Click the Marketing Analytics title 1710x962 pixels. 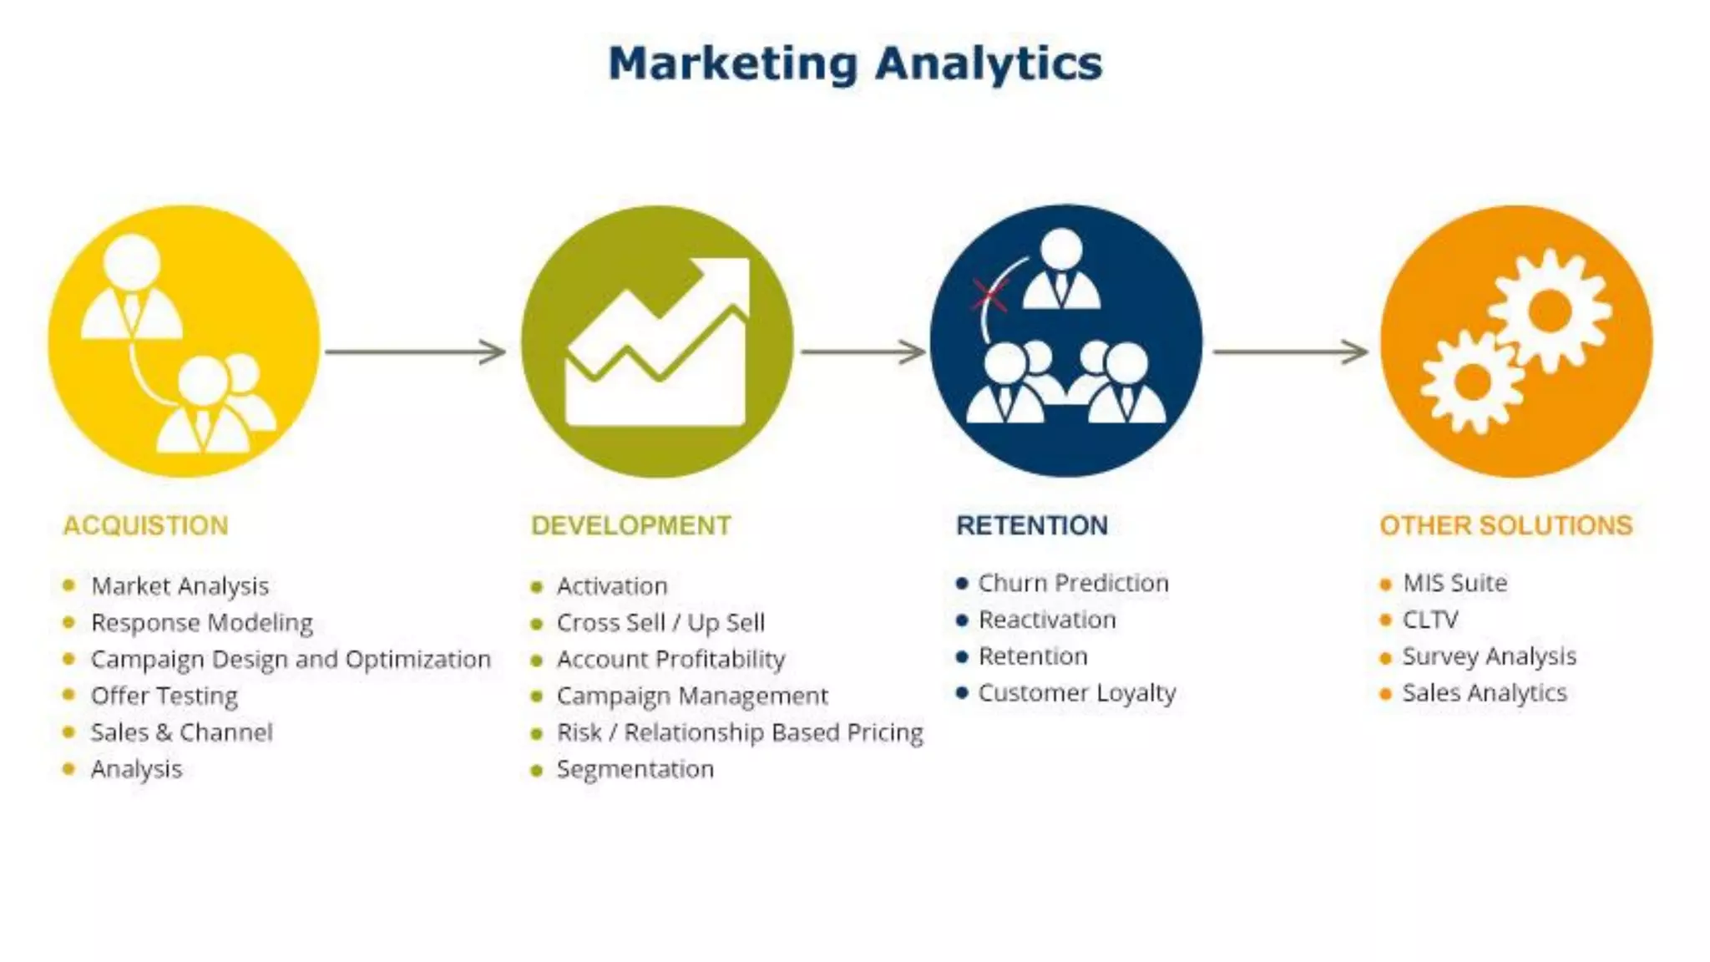pyautogui.click(x=855, y=63)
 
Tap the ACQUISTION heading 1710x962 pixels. pyautogui.click(x=145, y=525)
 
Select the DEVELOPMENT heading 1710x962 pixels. pyautogui.click(x=631, y=525)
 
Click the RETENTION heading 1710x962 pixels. pyautogui.click(x=1032, y=525)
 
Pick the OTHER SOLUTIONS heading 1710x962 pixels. pyautogui.click(x=1505, y=525)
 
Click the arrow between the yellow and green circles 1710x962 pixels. pyautogui.click(x=415, y=352)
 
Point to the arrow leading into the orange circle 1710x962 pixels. pyautogui.click(x=1290, y=352)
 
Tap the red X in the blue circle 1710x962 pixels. pyautogui.click(x=990, y=295)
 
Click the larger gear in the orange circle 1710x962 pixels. pyautogui.click(x=1550, y=311)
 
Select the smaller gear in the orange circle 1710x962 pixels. pyautogui.click(x=1472, y=382)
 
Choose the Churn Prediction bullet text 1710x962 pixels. pyautogui.click(x=1073, y=583)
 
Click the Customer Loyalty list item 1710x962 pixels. pyautogui.click(x=1077, y=693)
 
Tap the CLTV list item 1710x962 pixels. pyautogui.click(x=1430, y=620)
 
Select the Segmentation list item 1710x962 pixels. pyautogui.click(x=635, y=769)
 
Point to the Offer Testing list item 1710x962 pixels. pyautogui.click(x=164, y=696)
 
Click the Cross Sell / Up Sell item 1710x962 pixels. pyautogui.click(x=660, y=623)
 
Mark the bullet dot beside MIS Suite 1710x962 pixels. pyautogui.click(x=1386, y=584)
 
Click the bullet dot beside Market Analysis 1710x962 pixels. pyautogui.click(x=69, y=585)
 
